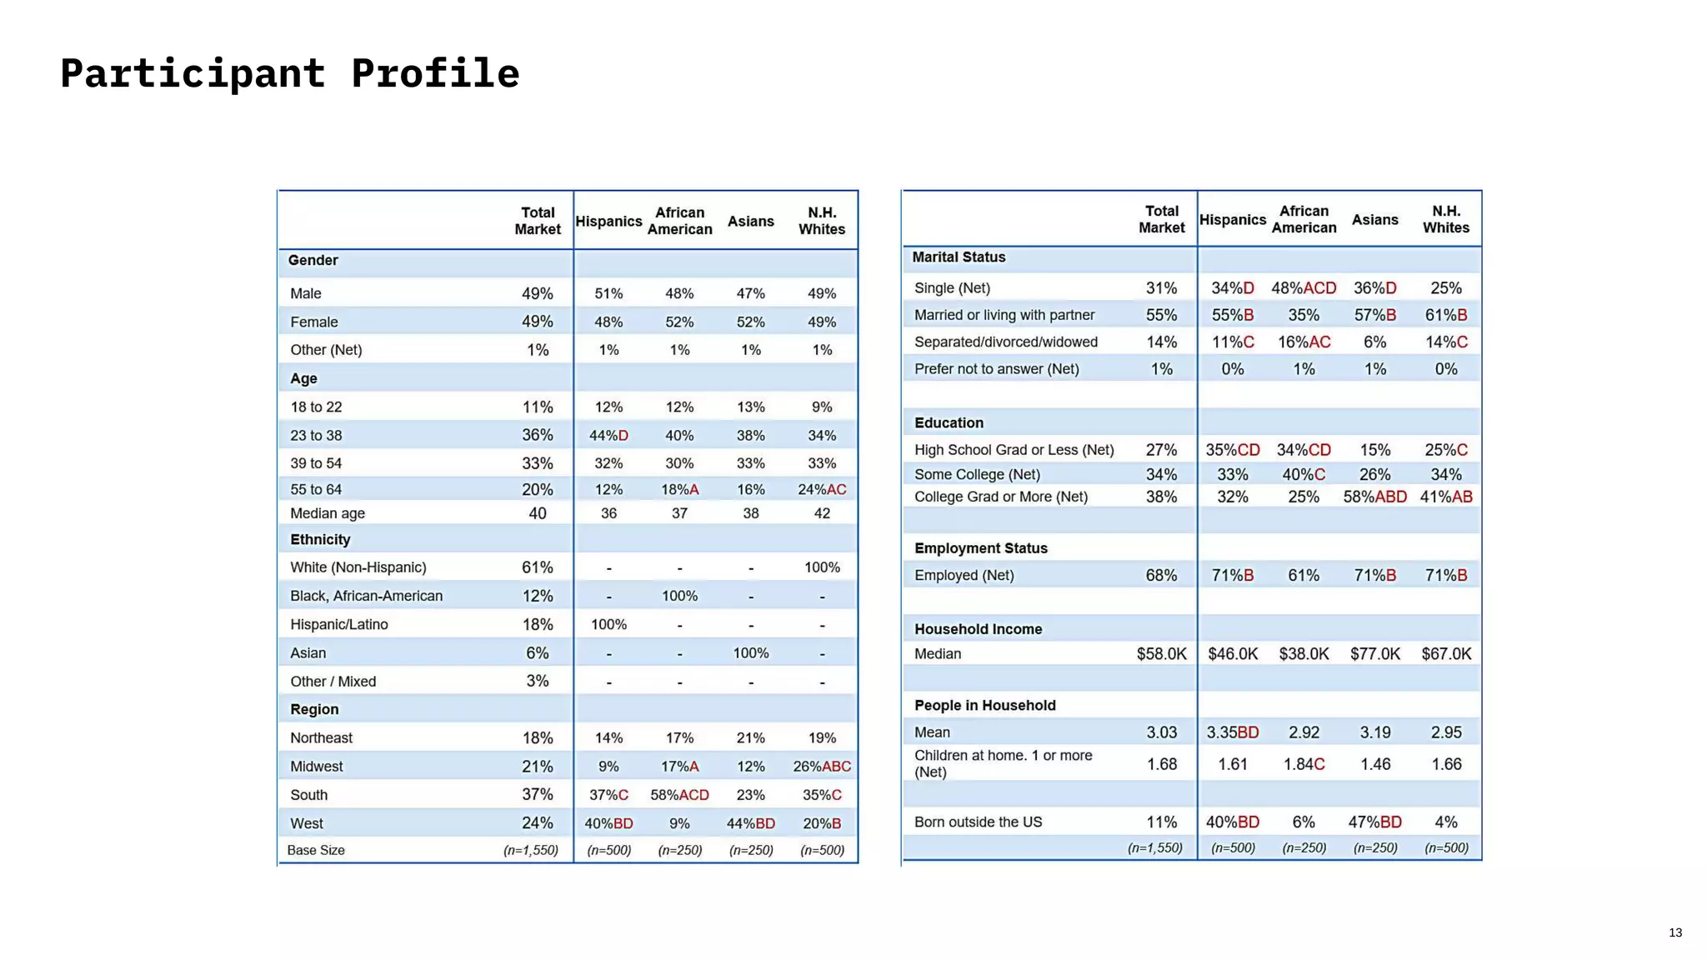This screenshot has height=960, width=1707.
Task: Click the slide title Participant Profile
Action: point(289,73)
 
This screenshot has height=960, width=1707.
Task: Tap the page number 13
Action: point(1675,932)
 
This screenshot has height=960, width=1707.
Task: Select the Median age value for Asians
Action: point(750,513)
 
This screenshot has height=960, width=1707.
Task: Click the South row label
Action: point(308,795)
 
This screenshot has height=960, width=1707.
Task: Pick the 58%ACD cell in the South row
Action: point(679,795)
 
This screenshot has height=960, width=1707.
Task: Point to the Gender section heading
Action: point(313,260)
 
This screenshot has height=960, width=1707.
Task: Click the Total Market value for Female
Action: point(537,322)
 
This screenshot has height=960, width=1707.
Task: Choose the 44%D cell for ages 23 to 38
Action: point(608,435)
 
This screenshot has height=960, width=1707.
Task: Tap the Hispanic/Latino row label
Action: point(338,624)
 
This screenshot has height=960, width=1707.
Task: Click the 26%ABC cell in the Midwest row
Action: point(822,767)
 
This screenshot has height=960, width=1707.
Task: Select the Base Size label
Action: point(315,850)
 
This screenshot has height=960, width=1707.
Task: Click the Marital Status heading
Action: point(959,257)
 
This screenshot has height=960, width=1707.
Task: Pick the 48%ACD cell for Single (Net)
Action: point(1304,288)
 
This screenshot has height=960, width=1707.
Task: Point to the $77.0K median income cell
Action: point(1375,654)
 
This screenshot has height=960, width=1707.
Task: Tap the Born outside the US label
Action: point(978,822)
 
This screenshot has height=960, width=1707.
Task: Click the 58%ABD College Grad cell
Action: point(1374,497)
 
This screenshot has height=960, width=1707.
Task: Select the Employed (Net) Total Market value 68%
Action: point(1161,575)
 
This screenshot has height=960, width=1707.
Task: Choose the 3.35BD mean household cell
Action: point(1233,732)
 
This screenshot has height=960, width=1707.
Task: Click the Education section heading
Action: point(949,422)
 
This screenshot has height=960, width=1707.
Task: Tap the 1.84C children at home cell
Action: point(1304,764)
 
